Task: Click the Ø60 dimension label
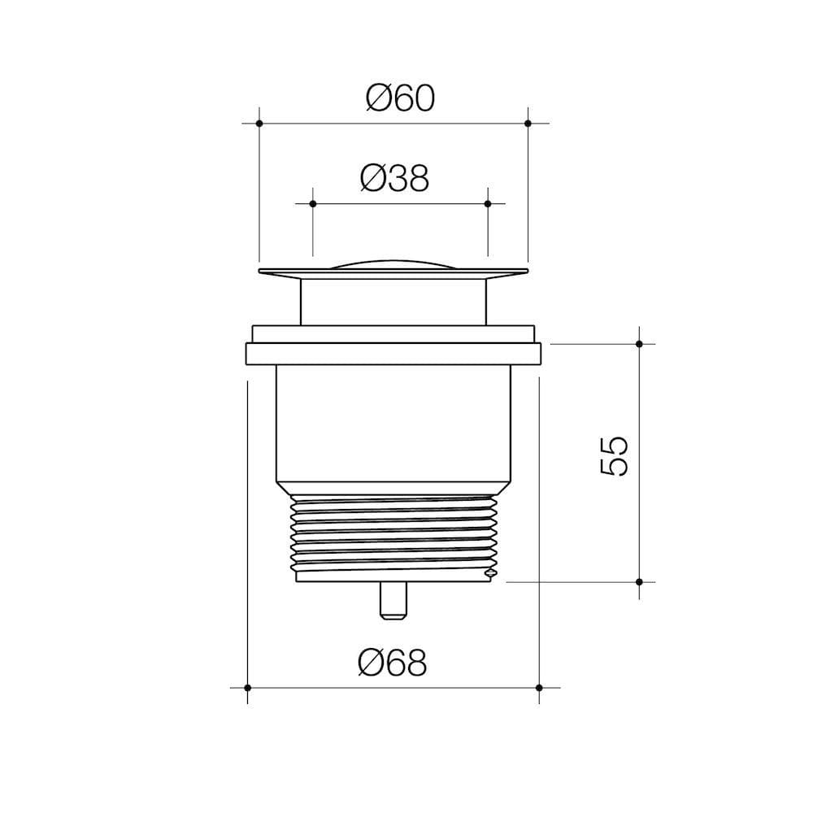400,98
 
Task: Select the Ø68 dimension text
391,663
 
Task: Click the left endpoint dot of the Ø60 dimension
259,124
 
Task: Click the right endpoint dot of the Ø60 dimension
528,124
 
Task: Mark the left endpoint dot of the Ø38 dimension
312,202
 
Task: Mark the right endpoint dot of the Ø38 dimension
488,202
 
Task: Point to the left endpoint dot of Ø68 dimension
247,688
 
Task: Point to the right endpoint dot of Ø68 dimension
539,688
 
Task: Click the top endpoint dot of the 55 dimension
639,344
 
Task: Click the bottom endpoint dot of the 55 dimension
639,582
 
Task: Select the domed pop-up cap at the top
393,263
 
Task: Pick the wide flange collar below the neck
393,354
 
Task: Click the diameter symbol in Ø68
371,663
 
